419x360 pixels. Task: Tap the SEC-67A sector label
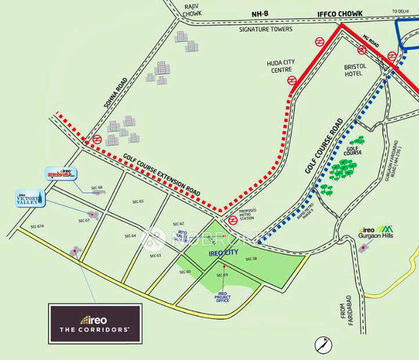(x=37, y=226)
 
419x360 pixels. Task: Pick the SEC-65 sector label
(x=138, y=201)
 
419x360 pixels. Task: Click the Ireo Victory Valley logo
(x=29, y=198)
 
